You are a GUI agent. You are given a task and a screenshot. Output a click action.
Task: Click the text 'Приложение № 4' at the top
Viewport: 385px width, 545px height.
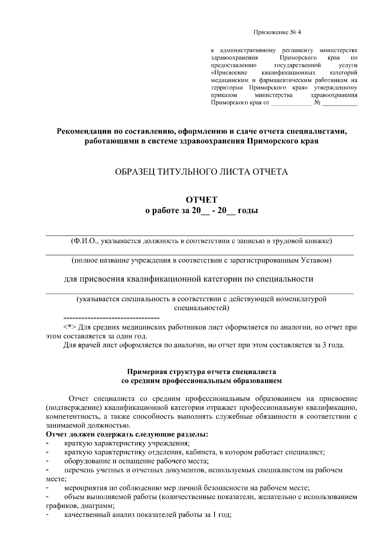tap(278, 32)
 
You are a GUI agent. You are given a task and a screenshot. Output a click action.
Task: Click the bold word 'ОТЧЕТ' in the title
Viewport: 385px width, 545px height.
tap(202, 200)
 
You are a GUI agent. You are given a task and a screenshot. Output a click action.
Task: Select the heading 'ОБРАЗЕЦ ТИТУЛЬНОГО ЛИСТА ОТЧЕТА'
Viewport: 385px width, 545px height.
tap(201, 172)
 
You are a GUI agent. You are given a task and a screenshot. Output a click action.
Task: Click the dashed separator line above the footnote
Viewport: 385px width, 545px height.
tap(112, 318)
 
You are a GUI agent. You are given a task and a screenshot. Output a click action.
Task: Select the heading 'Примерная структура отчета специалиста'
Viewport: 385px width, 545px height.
tap(201, 372)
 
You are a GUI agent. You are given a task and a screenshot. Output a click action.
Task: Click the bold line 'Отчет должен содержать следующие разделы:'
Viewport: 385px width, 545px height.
tap(127, 435)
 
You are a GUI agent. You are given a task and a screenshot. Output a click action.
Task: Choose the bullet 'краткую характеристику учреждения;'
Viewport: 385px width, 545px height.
tap(127, 444)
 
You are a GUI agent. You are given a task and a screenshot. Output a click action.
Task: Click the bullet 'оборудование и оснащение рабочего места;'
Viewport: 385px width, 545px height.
tap(137, 461)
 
